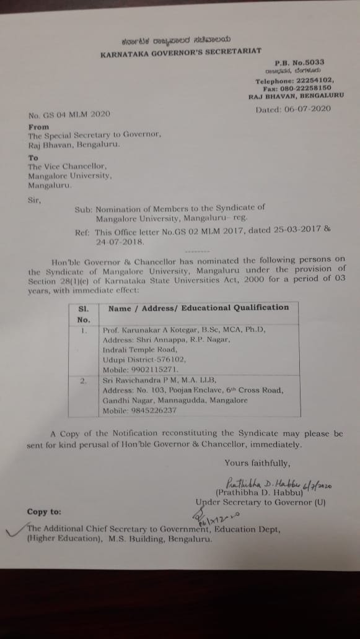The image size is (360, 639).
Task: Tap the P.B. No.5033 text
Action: [299, 63]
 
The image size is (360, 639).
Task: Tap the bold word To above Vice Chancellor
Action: [33, 157]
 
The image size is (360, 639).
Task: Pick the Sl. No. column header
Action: [84, 313]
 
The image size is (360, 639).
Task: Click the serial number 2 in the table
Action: [83, 381]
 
